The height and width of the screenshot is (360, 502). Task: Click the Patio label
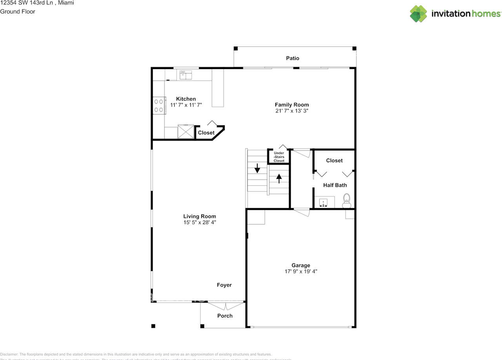(292, 58)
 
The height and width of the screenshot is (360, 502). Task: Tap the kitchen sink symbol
(186, 74)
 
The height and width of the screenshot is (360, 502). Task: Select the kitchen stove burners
(158, 105)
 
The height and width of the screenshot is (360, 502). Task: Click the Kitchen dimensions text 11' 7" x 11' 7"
(186, 105)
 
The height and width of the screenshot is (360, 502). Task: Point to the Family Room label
(291, 105)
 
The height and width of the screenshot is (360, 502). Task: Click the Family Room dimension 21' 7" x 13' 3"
(291, 111)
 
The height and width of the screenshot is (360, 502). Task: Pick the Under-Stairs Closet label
(279, 157)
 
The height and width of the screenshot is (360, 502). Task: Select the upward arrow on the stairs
(279, 179)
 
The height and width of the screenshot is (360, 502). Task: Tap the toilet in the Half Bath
(347, 200)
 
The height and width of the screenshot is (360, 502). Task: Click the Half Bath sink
(324, 203)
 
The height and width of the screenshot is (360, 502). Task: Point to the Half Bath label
(335, 185)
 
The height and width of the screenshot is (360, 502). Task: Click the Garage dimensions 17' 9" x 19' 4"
(300, 271)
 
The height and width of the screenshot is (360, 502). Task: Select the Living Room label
(200, 216)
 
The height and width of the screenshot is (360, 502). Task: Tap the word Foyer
(224, 285)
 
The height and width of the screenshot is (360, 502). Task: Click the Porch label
(225, 316)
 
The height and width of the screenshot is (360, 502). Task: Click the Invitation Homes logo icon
(418, 14)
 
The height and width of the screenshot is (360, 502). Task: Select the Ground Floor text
(18, 11)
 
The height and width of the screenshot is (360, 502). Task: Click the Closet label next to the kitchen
(206, 133)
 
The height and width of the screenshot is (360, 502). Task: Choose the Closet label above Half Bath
(334, 160)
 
